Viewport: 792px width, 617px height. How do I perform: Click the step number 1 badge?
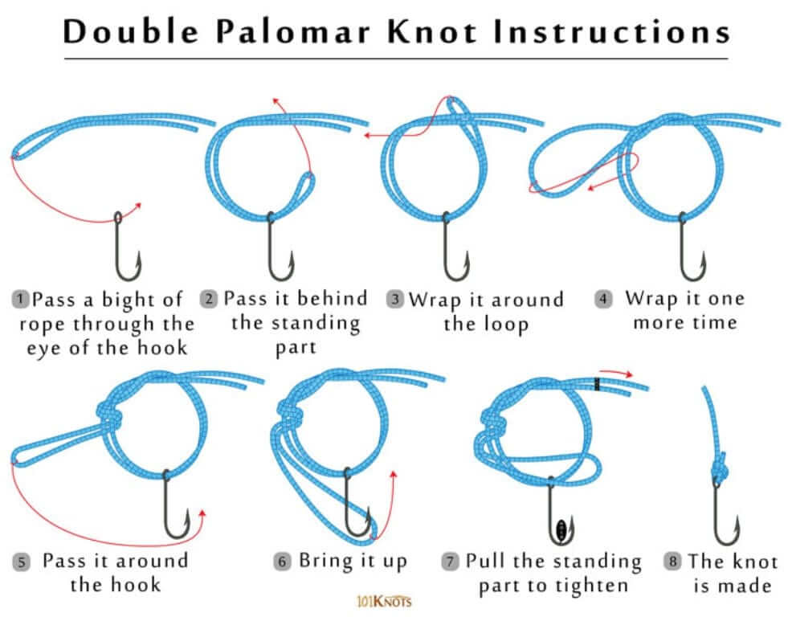19,300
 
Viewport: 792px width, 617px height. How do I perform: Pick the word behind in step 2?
332,299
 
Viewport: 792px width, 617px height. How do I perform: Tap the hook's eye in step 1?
118,218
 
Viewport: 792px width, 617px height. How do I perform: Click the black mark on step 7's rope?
598,384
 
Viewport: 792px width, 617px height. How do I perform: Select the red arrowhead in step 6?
393,476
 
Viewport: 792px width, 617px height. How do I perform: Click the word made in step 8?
744,586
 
